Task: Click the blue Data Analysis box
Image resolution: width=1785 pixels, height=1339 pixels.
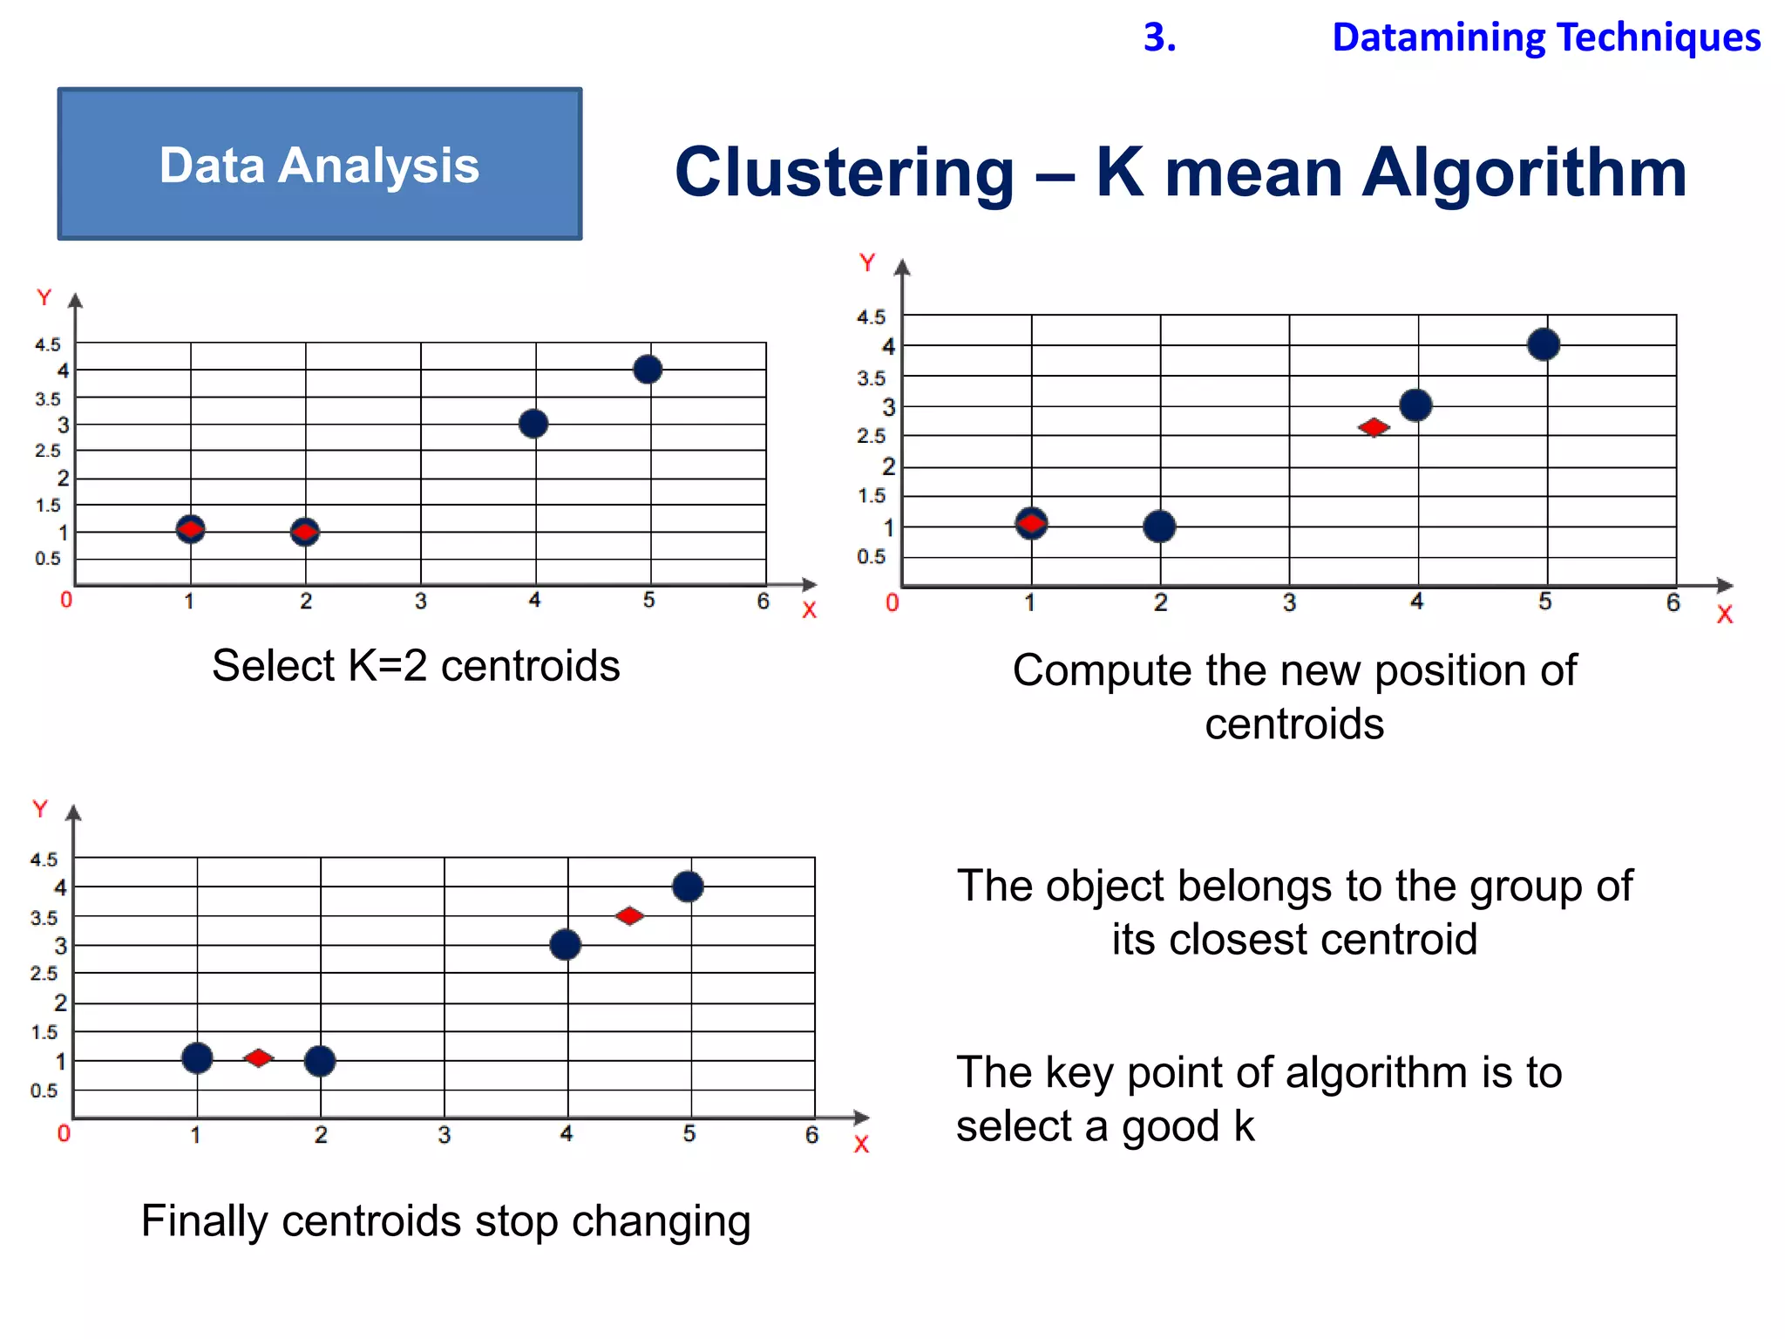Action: [319, 164]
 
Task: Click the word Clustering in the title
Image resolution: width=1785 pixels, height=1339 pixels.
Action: [845, 173]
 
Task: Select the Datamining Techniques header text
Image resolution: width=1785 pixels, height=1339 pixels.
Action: [1546, 37]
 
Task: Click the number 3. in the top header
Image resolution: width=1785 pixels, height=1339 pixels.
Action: [1159, 37]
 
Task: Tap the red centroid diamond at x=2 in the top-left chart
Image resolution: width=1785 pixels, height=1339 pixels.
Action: [304, 531]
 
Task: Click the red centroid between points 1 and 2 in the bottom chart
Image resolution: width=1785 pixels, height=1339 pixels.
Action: [258, 1057]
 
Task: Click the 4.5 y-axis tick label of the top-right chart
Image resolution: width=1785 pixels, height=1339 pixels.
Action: [871, 317]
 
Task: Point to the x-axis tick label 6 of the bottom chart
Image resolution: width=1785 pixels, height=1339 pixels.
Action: [811, 1134]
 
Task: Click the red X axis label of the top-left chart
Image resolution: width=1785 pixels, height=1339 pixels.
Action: [809, 610]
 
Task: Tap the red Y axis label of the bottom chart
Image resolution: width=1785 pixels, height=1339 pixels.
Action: [39, 809]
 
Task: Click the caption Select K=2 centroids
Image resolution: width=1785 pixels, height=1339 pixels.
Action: [416, 666]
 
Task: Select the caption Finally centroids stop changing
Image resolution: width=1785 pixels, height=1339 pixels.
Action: [445, 1220]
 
